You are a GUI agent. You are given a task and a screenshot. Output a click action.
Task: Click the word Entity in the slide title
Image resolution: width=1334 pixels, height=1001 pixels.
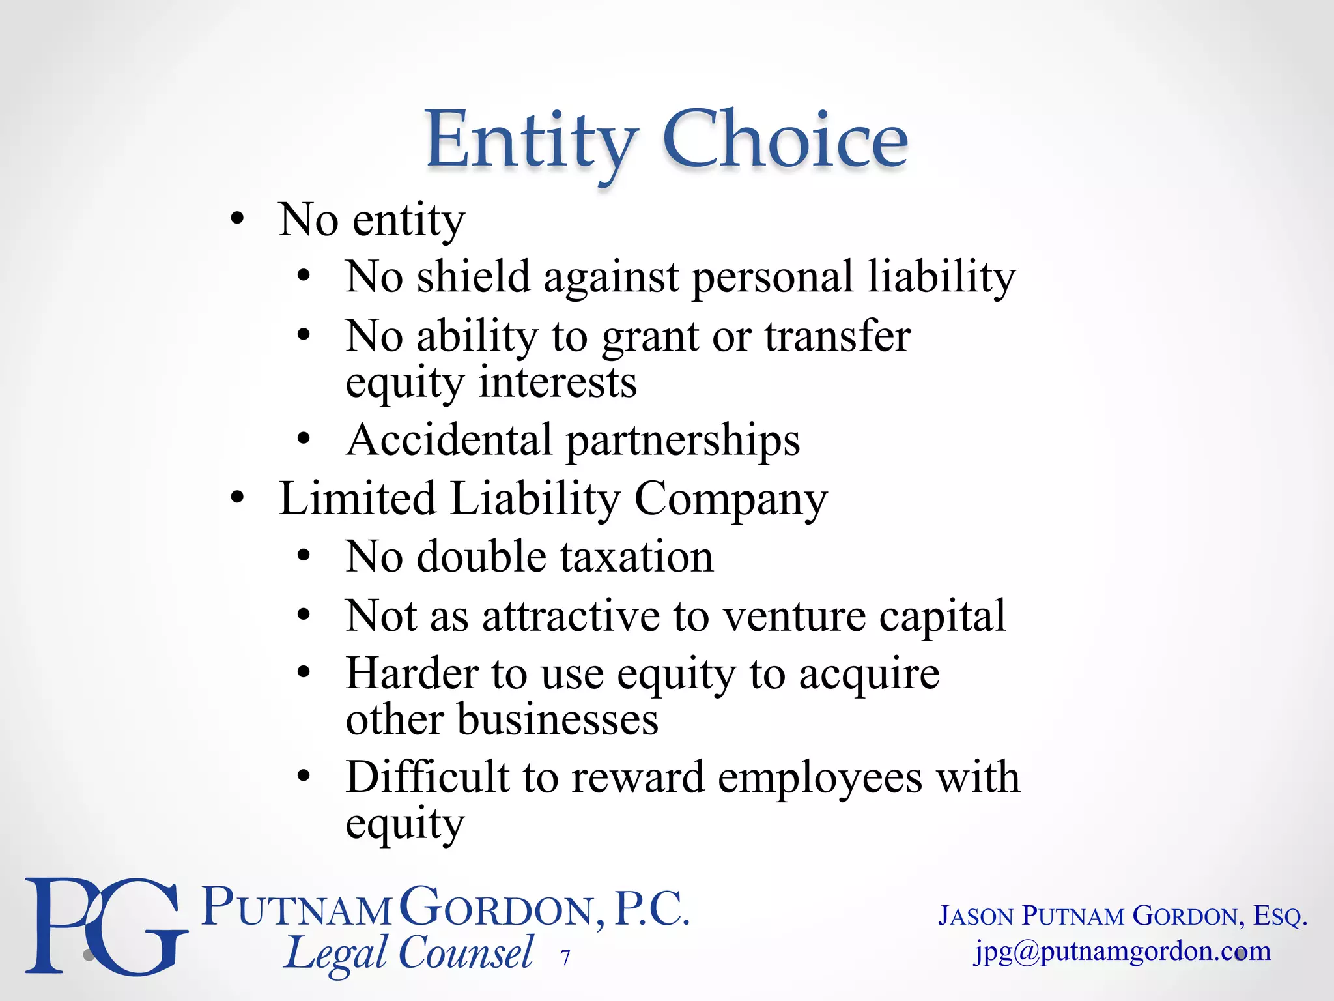click(x=531, y=140)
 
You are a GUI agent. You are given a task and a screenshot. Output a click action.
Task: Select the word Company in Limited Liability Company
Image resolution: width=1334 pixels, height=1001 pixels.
click(x=730, y=499)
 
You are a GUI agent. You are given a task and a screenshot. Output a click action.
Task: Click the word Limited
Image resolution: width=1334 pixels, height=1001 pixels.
click(x=357, y=499)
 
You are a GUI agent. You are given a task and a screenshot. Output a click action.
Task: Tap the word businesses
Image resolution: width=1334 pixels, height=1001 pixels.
click(x=558, y=719)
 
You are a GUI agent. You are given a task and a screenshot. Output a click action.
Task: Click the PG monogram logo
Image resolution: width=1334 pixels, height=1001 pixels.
click(x=104, y=925)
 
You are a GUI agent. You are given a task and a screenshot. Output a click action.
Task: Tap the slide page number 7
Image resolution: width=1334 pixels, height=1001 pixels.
click(x=565, y=957)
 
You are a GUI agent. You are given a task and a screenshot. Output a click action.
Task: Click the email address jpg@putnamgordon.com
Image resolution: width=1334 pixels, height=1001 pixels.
click(x=1122, y=951)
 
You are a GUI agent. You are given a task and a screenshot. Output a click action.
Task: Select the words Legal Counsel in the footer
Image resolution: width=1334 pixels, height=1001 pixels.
click(x=409, y=954)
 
